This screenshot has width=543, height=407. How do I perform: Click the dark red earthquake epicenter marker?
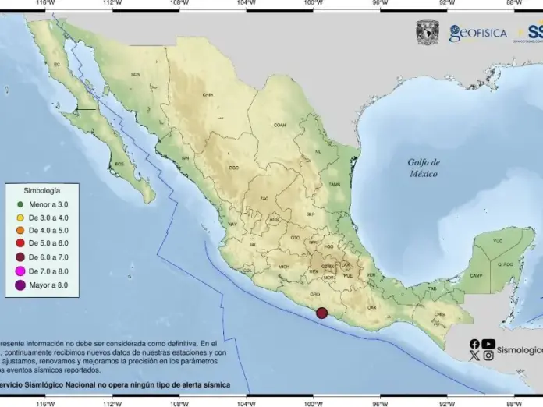point(321,313)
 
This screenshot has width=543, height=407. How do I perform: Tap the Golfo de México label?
point(424,168)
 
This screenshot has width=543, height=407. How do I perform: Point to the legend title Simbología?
point(41,189)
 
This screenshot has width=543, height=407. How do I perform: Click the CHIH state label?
point(208,95)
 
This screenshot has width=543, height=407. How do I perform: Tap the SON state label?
point(135,74)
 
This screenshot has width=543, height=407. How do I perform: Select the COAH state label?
point(279,124)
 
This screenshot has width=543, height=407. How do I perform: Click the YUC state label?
point(498,242)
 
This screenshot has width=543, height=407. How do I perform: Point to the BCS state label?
point(119,165)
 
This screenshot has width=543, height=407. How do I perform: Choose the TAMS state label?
point(335,184)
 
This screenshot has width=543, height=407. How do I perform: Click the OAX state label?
point(371,307)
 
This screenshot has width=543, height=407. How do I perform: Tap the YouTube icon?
point(488,343)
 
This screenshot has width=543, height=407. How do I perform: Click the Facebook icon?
point(474,343)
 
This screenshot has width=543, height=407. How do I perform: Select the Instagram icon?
point(488,356)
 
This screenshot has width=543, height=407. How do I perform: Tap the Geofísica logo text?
point(477,33)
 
